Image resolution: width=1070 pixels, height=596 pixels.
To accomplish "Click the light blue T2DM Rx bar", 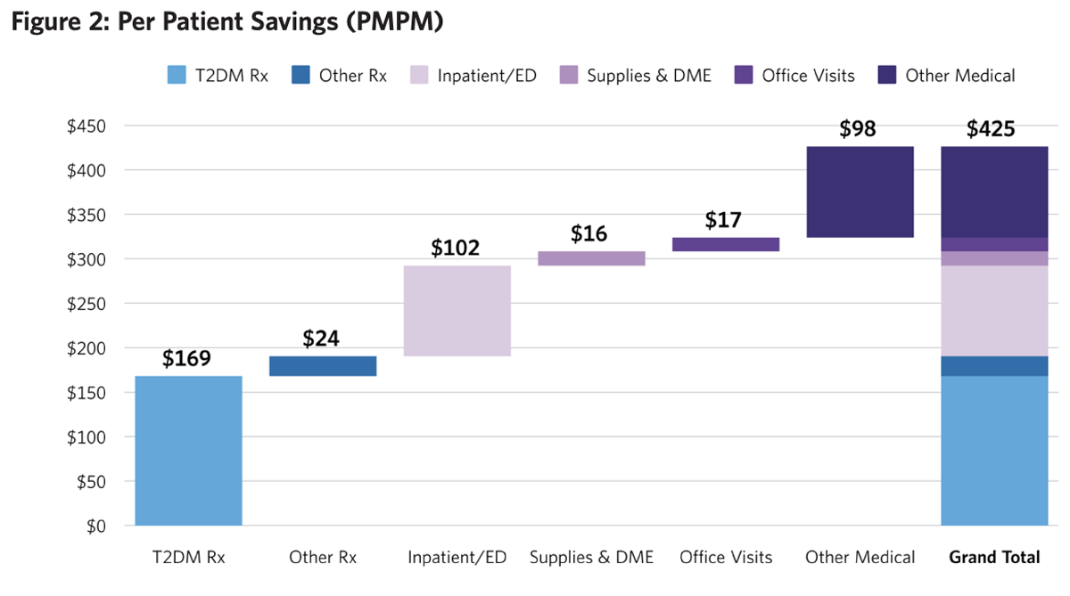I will pos(188,450).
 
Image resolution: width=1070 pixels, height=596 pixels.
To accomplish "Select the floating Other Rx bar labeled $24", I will pos(323,366).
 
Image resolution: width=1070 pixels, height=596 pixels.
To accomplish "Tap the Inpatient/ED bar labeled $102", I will pos(457,310).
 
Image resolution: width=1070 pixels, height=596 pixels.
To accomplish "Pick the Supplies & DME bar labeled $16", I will pos(591,258).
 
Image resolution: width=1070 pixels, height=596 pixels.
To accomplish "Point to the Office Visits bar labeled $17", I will pos(726,244).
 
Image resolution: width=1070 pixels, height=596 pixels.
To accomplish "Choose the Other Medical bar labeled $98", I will pos(860,192).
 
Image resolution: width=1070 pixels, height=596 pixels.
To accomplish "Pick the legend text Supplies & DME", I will pos(649,76).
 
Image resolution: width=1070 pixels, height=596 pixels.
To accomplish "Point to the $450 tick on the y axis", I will pos(86,126).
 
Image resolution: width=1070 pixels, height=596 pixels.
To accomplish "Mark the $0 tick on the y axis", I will pos(94,527).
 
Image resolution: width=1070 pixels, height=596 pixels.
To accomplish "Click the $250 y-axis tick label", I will pos(86,304).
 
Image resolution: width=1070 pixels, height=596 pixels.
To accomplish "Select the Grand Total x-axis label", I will pos(994,558).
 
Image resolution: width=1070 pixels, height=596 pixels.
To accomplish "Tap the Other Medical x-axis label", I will pos(860,558).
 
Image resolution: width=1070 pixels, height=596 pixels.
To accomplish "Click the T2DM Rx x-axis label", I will pos(188,558).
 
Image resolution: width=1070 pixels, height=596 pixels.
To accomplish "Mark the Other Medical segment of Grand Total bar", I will pos(994,192).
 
